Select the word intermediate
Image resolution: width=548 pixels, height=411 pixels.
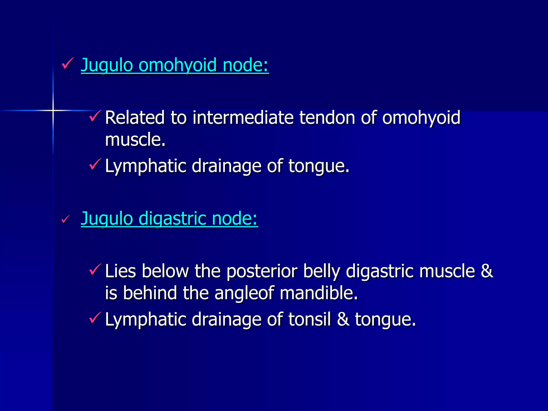[243, 118]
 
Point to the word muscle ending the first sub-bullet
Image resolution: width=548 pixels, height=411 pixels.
[135, 140]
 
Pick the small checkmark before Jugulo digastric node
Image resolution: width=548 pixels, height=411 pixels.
[66, 219]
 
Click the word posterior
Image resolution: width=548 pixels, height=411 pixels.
[262, 271]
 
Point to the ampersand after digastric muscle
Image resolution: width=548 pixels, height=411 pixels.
[487, 271]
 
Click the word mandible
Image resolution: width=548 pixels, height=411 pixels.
[318, 293]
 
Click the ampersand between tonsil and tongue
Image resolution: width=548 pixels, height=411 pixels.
[343, 319]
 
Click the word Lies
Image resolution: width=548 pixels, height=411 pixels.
[120, 271]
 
